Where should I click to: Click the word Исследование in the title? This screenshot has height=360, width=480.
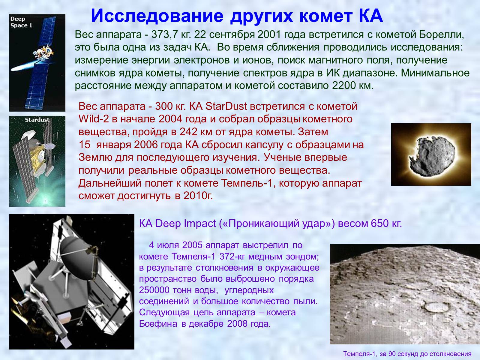click(157, 16)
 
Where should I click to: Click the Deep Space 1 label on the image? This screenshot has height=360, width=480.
click(21, 22)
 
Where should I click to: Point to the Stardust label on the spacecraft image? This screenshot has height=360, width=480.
click(37, 120)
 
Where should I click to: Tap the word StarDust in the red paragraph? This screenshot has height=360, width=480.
click(226, 106)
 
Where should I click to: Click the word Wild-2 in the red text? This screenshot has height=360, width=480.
click(93, 119)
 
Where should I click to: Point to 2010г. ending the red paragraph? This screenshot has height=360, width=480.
click(198, 196)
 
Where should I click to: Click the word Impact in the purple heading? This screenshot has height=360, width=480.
click(200, 224)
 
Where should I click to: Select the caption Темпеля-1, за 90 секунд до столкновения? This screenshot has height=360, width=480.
click(407, 354)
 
